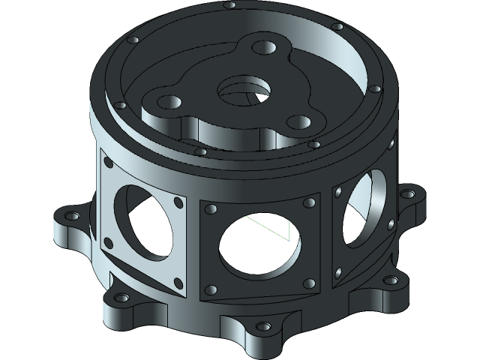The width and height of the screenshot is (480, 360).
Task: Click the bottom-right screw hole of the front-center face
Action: tap(307, 283)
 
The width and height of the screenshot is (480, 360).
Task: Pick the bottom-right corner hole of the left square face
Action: tap(178, 283)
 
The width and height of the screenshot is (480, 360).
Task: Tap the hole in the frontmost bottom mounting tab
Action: tap(262, 327)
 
